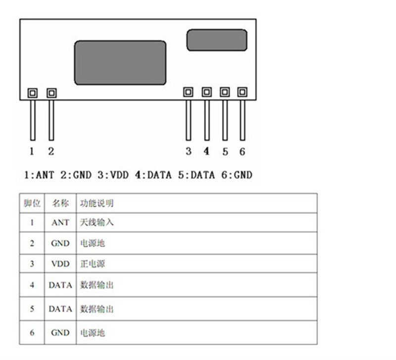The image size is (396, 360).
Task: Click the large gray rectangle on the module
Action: click(x=120, y=63)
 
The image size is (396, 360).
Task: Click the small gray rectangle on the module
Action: click(x=216, y=40)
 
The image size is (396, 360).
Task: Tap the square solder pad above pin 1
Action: click(x=32, y=92)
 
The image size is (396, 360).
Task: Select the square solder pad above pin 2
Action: click(x=51, y=92)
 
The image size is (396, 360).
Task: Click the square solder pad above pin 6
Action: click(x=242, y=92)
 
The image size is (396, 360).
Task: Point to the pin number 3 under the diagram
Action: click(x=189, y=151)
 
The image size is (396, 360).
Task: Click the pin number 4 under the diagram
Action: click(x=206, y=151)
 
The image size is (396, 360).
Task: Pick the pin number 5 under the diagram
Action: click(x=225, y=152)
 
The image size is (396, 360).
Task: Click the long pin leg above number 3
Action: click(x=188, y=120)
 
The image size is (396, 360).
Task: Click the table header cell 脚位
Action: click(x=32, y=203)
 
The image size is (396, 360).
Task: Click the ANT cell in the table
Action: click(x=60, y=223)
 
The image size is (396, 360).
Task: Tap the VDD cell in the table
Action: click(x=60, y=264)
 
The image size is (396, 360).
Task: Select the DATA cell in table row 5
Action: click(x=60, y=309)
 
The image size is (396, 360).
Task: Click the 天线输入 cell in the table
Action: click(x=97, y=223)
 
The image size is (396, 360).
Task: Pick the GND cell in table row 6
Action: click(x=60, y=333)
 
